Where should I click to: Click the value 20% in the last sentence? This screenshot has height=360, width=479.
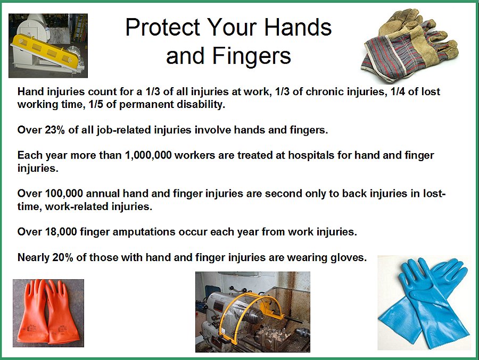click(x=64, y=258)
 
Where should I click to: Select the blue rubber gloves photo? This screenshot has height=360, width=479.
click(x=424, y=302)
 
